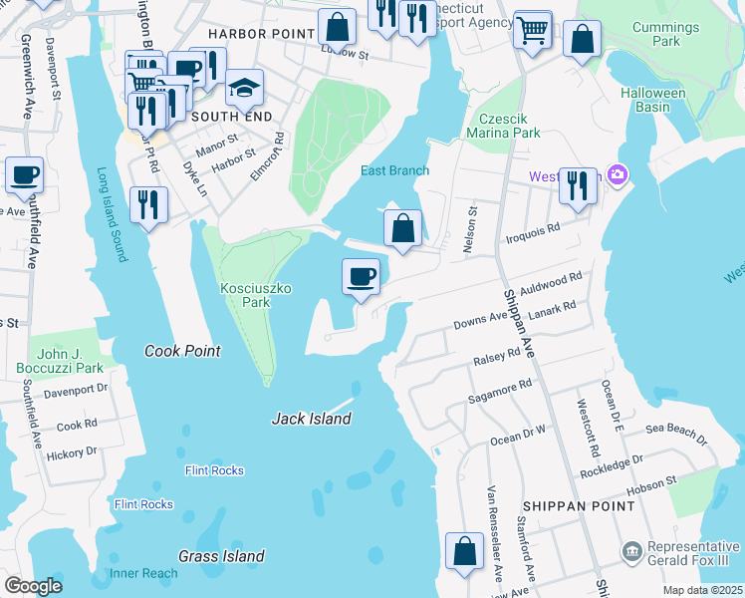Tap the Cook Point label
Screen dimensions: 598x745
(182, 351)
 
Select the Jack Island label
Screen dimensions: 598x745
(312, 419)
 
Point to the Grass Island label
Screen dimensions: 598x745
(221, 556)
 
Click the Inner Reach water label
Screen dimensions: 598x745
(143, 573)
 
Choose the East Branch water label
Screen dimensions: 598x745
(394, 170)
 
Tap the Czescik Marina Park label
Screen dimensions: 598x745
(507, 125)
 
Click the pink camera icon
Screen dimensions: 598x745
(619, 175)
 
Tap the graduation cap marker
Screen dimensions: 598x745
(244, 90)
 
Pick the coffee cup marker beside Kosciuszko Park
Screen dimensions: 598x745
(361, 276)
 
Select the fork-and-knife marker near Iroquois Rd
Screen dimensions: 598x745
(578, 185)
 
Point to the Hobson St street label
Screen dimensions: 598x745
(651, 485)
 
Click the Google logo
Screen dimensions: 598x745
(33, 586)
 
